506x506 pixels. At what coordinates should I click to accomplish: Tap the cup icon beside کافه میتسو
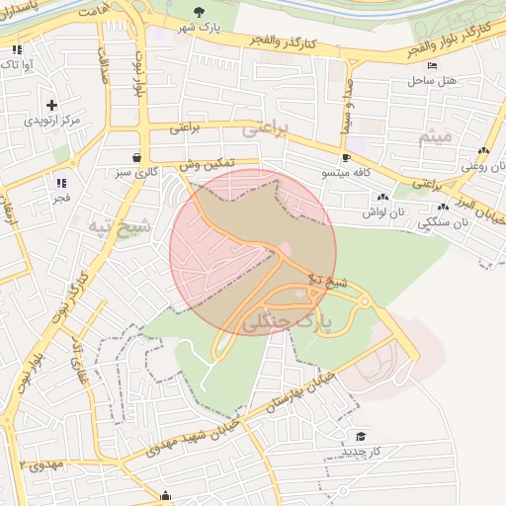point(346,157)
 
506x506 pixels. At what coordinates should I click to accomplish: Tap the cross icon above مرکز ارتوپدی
point(51,104)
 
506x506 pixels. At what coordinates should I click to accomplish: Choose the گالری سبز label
point(136,173)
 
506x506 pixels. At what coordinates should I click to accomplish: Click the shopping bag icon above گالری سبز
point(136,157)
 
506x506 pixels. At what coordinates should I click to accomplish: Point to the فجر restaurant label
point(61,199)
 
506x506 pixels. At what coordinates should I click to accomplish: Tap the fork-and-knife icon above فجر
point(61,183)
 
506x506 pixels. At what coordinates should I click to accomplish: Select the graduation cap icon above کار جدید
point(361,436)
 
